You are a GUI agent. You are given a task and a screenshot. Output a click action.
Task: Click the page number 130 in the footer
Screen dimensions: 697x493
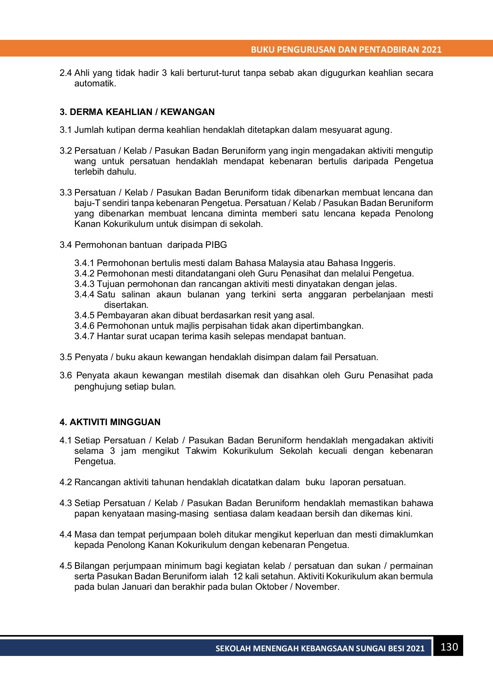[449, 647]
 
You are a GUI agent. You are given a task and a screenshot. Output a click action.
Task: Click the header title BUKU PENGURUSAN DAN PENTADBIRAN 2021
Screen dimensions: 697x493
[346, 50]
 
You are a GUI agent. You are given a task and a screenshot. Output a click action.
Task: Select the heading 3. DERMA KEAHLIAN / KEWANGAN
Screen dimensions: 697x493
[137, 112]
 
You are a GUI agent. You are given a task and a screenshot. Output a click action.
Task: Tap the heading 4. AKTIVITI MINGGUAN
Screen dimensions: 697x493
[110, 422]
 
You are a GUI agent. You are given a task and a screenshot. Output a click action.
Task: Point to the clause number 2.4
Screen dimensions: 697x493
[65, 73]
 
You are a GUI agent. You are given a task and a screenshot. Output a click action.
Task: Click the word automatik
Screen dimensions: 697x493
[95, 83]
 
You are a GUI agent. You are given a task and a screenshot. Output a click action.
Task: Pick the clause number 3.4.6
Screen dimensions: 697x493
[84, 326]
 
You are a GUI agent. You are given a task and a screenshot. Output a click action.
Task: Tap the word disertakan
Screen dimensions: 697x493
[126, 305]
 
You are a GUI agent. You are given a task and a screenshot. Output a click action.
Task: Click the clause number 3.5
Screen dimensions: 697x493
[65, 357]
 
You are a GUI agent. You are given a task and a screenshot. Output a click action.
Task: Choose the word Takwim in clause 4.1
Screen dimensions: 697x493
[201, 451]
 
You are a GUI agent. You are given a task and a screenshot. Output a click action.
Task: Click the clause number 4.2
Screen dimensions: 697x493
[65, 482]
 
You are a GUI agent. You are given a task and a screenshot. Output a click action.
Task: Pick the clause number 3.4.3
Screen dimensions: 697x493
[84, 284]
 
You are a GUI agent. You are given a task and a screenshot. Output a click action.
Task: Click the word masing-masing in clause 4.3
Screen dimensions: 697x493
[182, 513]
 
